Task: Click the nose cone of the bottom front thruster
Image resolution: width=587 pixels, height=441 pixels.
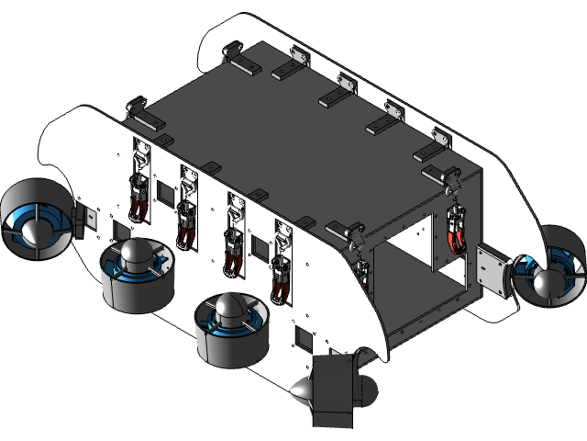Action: [x=302, y=394]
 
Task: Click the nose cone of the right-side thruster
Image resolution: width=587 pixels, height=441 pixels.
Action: [x=549, y=283]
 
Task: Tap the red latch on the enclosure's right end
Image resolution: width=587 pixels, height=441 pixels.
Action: [x=456, y=231]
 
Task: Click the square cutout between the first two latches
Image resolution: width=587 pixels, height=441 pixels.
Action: [x=165, y=192]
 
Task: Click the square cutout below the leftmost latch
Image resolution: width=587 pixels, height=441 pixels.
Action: [x=119, y=229]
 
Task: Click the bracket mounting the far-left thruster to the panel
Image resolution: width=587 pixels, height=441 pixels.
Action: [x=87, y=219]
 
